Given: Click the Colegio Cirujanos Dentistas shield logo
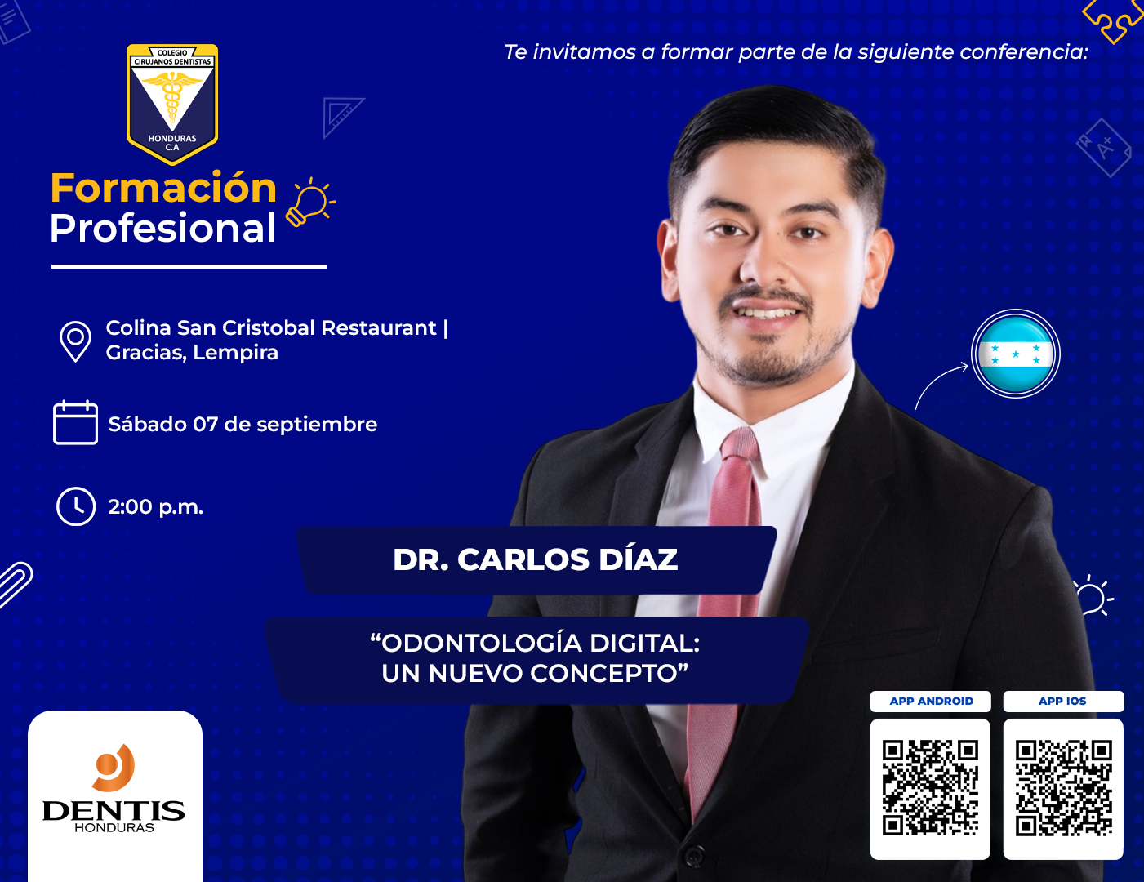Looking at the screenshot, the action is click(172, 104).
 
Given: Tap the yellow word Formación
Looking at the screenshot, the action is click(163, 188).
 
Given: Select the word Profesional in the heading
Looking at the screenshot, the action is click(162, 228).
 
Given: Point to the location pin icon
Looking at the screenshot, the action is click(75, 341).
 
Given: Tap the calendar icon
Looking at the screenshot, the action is click(75, 422).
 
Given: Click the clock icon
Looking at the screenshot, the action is click(76, 506).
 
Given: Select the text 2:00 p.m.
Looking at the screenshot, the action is click(155, 507).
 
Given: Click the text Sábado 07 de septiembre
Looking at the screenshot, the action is click(243, 425).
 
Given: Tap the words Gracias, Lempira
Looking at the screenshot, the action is click(192, 353).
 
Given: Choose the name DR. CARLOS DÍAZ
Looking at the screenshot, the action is click(536, 559).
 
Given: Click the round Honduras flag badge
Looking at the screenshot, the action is click(1016, 354).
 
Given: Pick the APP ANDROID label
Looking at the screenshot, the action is click(932, 701).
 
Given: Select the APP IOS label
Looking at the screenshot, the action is click(1062, 701).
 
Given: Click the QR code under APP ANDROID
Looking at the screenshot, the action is click(930, 788).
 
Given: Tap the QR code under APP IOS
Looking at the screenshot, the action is click(1063, 788).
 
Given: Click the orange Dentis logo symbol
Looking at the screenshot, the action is click(114, 767).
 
